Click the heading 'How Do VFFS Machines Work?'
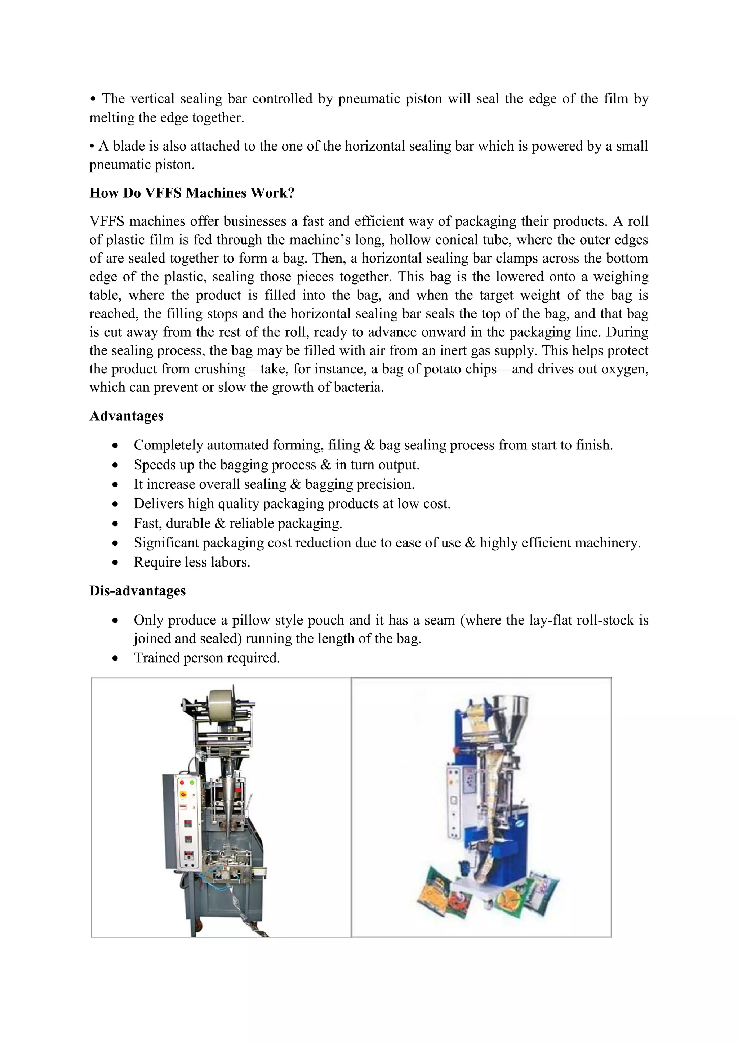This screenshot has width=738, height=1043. click(x=192, y=193)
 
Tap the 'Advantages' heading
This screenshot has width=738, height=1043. click(x=126, y=416)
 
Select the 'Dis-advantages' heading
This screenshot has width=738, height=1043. click(x=137, y=591)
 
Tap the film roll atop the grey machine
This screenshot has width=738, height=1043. click(x=223, y=706)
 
